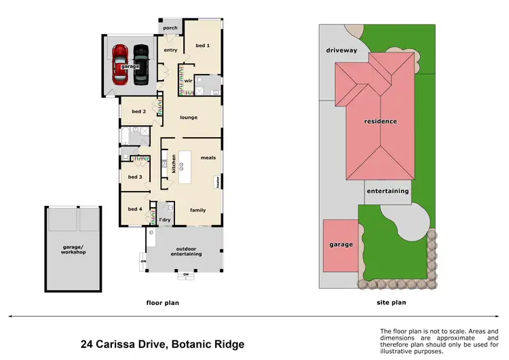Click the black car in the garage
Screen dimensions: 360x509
coord(140,63)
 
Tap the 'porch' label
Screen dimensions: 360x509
coord(170,28)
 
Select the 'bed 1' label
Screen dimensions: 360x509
coord(202,46)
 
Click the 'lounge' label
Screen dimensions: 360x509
coord(189,118)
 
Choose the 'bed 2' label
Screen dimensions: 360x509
coord(138,111)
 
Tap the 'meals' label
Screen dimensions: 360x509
coord(208,158)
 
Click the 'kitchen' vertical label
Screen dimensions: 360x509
coord(174,163)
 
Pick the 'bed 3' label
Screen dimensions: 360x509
coord(135,177)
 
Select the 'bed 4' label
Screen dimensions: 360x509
coord(135,209)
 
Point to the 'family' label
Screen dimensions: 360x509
coord(197,210)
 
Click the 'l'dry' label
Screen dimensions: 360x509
coord(164,219)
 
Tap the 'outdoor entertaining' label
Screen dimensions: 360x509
coord(185,251)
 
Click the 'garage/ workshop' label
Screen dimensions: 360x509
coord(73,249)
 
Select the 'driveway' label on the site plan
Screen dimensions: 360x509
coord(341,50)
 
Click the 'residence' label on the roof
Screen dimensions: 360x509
coord(380,122)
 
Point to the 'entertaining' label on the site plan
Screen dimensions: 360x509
coord(388,191)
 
